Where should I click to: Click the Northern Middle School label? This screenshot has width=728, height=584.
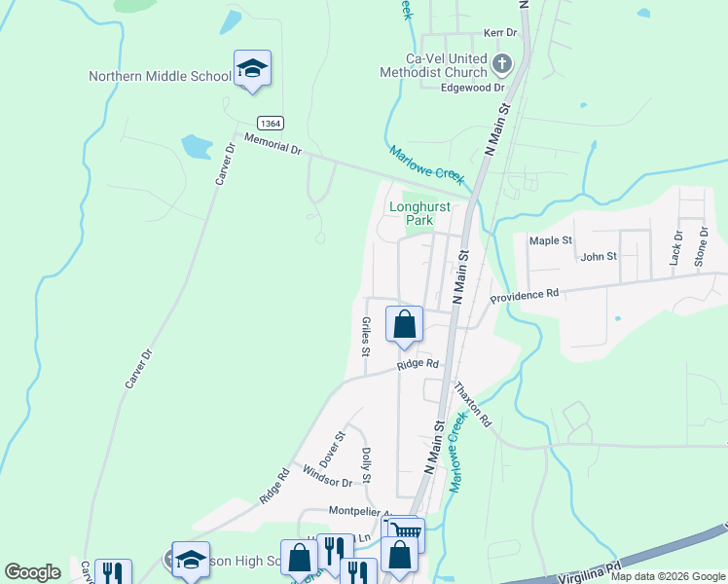[x=160, y=76]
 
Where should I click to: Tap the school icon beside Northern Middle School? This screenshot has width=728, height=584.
[x=252, y=68]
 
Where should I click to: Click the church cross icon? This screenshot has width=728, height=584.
[x=501, y=65]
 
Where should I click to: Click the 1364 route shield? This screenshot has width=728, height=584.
[x=272, y=123]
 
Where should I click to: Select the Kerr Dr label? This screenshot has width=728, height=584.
[x=500, y=33]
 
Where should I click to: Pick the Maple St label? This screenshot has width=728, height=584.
[x=550, y=240]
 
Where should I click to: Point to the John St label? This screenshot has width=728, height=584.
[x=599, y=256]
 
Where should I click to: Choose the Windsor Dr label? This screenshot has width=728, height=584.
[x=327, y=476]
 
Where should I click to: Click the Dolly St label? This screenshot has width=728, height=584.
[x=367, y=464]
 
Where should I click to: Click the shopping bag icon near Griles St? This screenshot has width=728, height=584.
[x=405, y=324]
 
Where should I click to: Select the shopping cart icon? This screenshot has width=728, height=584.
[x=408, y=531]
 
